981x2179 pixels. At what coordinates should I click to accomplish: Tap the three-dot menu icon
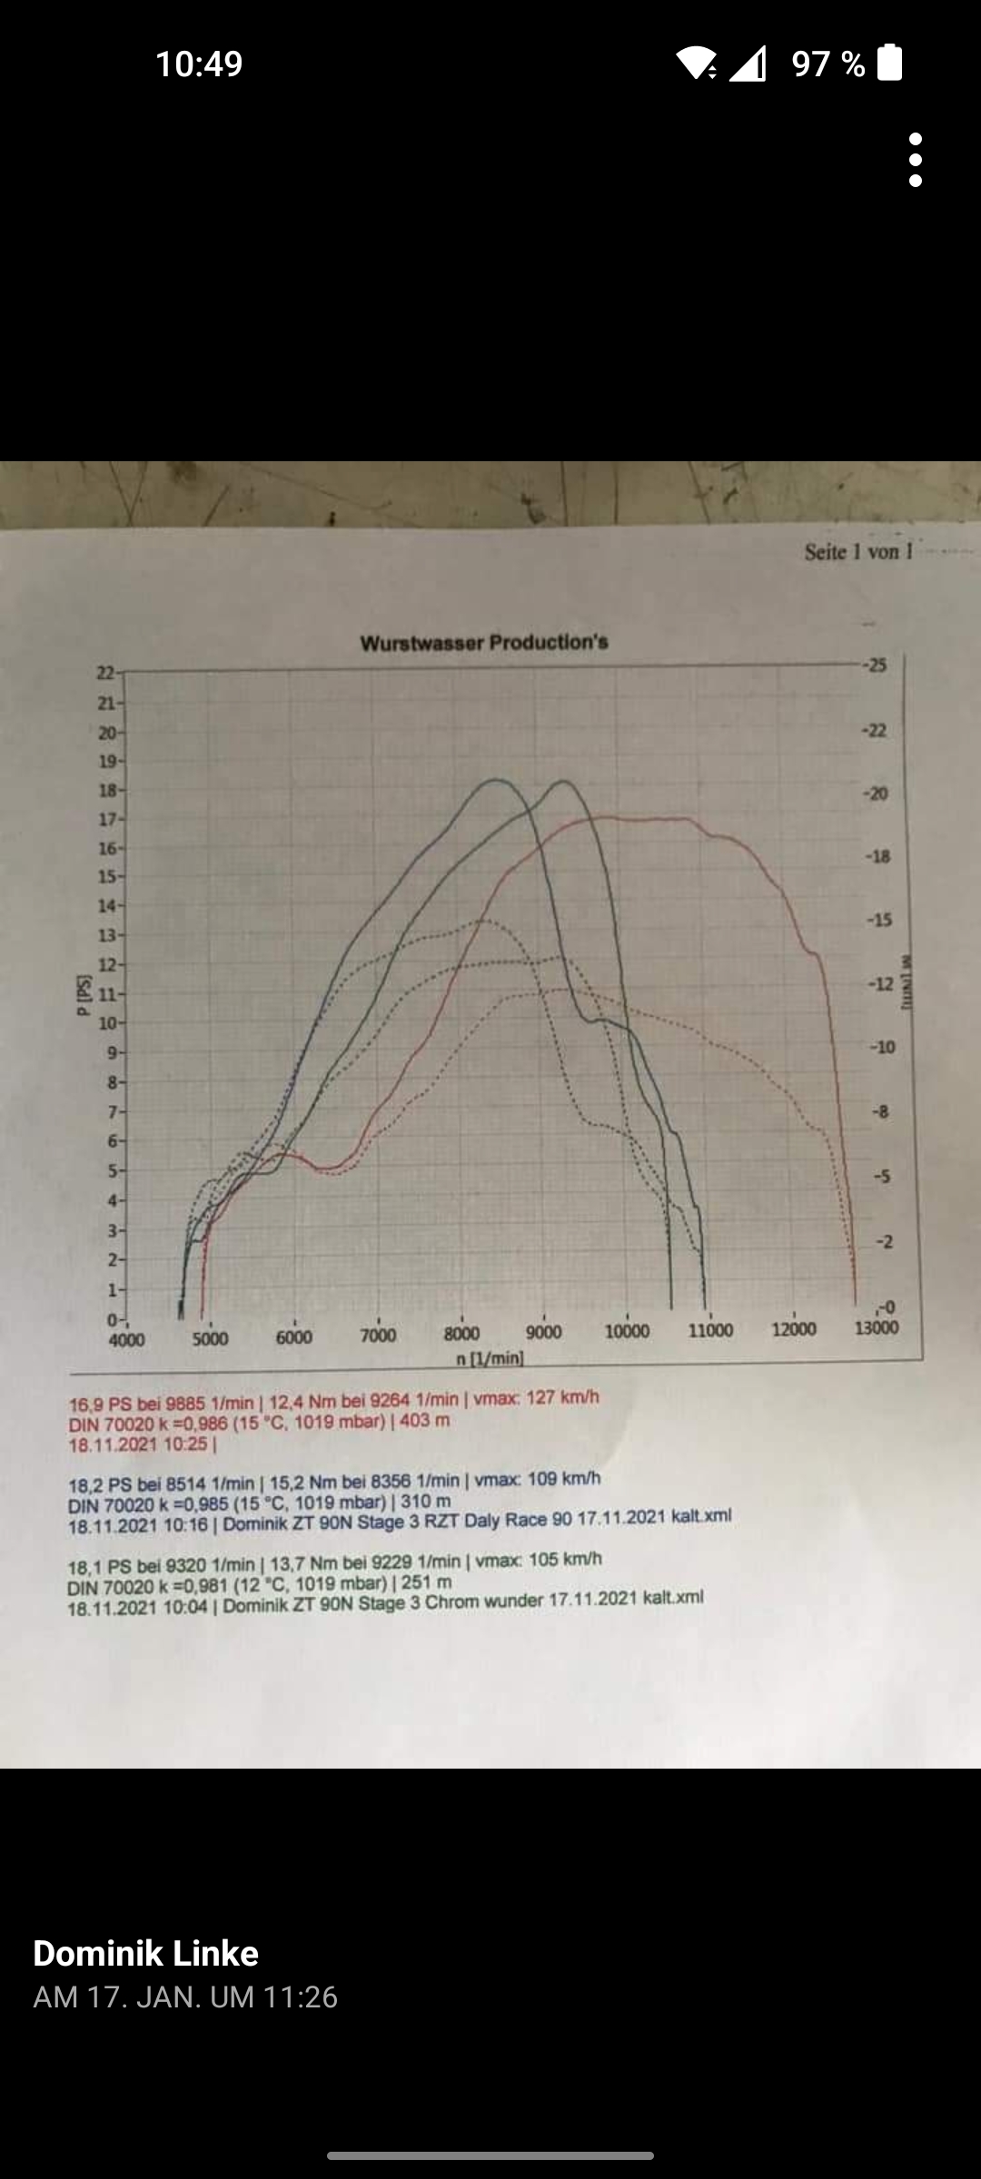point(916,160)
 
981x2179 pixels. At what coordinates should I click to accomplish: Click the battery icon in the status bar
point(890,63)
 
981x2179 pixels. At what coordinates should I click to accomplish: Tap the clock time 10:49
point(199,64)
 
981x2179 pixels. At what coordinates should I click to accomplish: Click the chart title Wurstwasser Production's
point(484,643)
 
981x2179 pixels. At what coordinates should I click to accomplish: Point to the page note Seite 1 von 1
point(858,551)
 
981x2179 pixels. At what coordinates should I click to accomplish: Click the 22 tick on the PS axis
point(106,673)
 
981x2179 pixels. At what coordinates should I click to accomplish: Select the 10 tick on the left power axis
point(107,1023)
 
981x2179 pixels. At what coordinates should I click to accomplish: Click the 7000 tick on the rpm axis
point(378,1335)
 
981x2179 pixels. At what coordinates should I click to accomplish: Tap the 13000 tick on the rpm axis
point(876,1327)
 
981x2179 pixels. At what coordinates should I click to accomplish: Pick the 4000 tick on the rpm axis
point(126,1340)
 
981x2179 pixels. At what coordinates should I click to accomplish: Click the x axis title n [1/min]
point(490,1358)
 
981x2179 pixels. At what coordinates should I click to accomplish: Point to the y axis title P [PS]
point(84,996)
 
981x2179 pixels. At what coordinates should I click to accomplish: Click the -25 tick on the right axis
point(874,665)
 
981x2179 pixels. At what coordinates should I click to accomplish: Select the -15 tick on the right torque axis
point(878,920)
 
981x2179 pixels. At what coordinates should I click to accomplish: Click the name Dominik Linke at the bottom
point(145,1953)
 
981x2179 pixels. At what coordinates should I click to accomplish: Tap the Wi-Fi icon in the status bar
point(696,63)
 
